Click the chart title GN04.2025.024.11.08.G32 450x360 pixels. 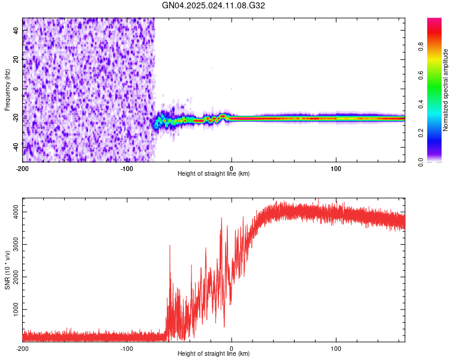(214, 5)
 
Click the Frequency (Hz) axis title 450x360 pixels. (7, 89)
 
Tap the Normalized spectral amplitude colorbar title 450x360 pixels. (446, 90)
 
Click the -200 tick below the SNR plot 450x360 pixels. (23, 348)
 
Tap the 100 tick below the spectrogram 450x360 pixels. (336, 168)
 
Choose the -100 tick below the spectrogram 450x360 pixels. (127, 168)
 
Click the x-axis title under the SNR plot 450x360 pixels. (214, 354)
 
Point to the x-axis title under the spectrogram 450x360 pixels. (214, 174)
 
